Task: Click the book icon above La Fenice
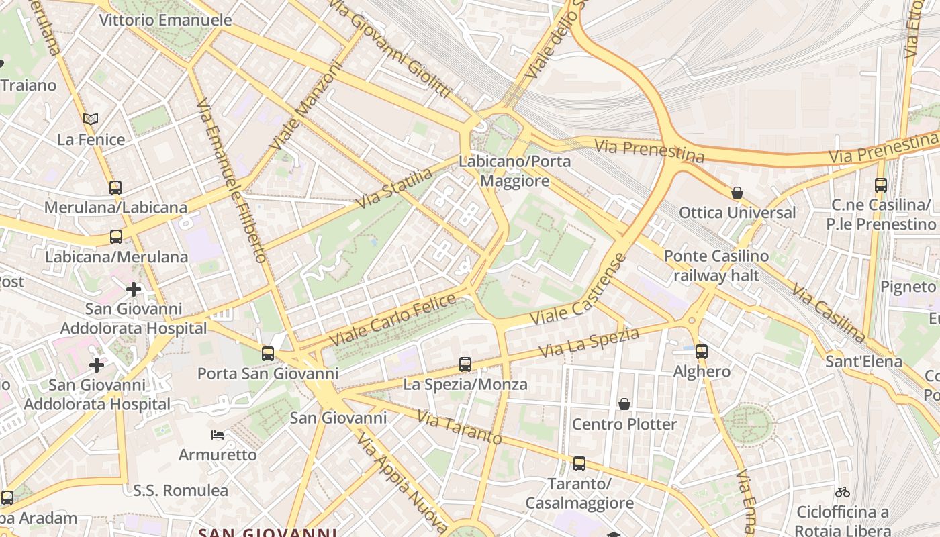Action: (91, 119)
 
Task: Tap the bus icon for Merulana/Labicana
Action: (115, 187)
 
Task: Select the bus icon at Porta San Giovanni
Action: (268, 353)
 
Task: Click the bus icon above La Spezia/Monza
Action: (465, 364)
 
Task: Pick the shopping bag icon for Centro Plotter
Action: (624, 404)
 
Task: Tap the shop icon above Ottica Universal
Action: (737, 193)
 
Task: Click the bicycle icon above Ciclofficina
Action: (843, 492)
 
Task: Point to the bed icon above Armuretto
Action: (218, 435)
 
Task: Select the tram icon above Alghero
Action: (702, 351)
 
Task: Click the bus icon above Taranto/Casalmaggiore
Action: (579, 464)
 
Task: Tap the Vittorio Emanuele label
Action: (165, 20)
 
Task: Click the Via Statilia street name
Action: (395, 189)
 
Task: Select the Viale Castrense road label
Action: (579, 289)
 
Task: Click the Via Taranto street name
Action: (459, 428)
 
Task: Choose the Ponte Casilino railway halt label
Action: (716, 266)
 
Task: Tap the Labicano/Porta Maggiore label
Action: (514, 171)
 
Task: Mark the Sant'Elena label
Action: (863, 362)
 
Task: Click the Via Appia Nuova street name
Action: (401, 480)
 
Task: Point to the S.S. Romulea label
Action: (181, 491)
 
